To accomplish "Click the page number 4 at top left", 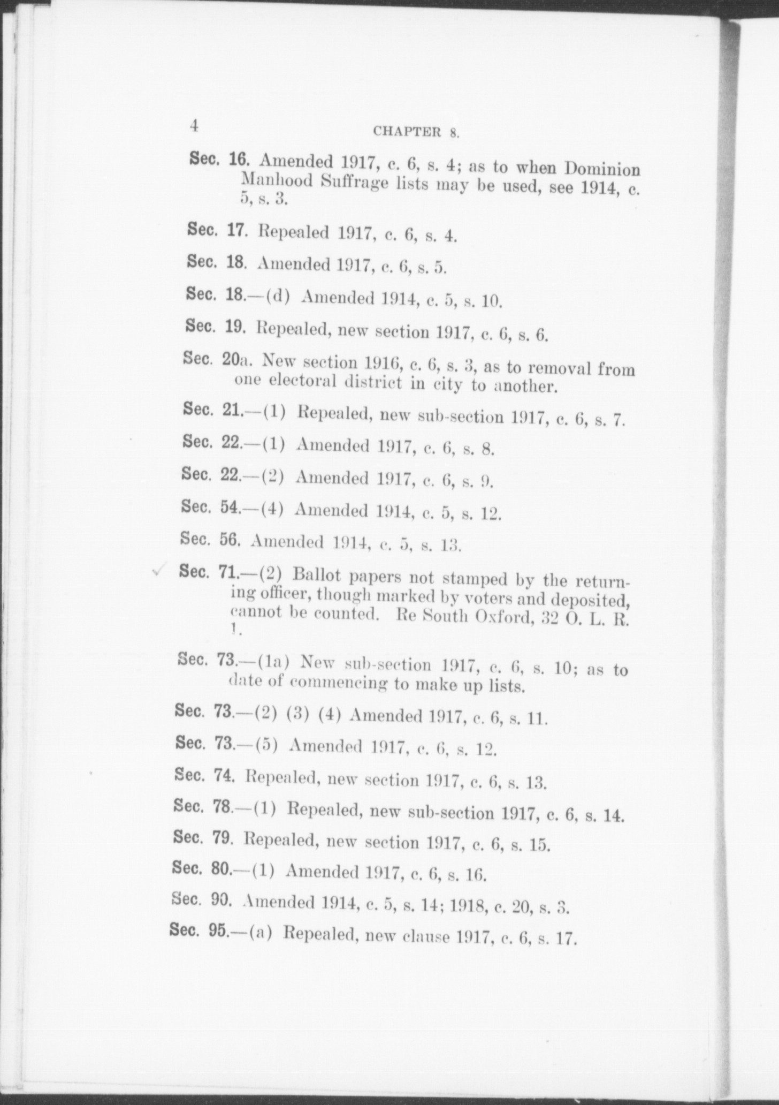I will coord(194,126).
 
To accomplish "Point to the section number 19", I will coord(234,326).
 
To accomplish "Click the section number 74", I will coord(225,776).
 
